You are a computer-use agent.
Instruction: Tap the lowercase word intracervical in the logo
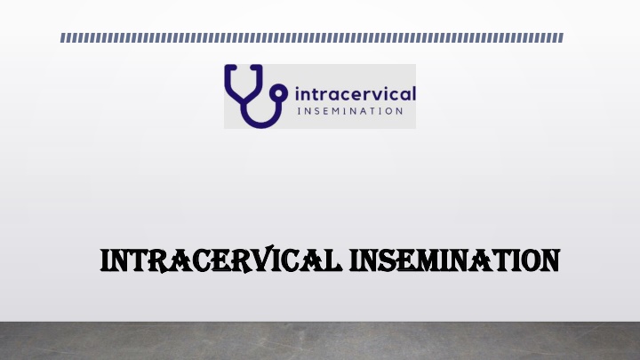point(355,93)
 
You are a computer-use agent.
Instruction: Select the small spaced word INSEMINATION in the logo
point(350,111)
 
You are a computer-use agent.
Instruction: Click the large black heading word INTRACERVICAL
point(221,260)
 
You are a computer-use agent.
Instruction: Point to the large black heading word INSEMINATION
point(454,260)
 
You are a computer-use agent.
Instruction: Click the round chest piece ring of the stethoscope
point(279,93)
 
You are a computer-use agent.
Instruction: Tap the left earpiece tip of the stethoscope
point(231,67)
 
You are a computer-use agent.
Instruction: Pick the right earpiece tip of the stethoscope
point(255,67)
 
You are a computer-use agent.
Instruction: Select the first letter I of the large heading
point(104,260)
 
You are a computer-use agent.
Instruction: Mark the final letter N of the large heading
point(549,260)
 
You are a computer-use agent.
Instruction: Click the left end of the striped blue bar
point(60,38)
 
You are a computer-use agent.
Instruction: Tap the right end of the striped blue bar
point(563,38)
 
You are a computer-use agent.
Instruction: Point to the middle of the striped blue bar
point(312,38)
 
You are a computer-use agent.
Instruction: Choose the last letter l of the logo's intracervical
point(413,93)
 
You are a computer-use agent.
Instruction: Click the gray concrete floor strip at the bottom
point(320,340)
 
